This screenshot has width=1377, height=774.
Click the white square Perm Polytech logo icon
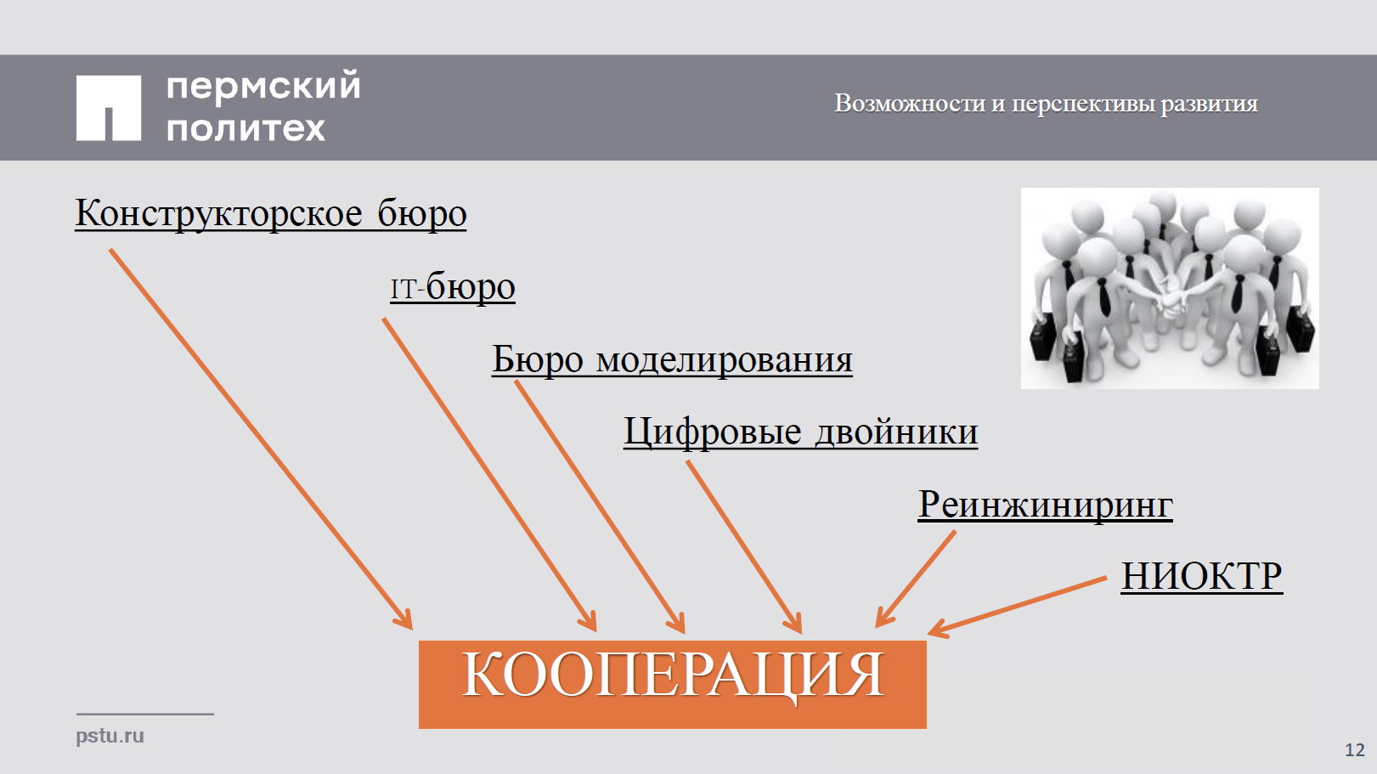(109, 108)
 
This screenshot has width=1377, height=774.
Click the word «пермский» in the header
(263, 86)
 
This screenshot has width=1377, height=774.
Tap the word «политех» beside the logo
(245, 128)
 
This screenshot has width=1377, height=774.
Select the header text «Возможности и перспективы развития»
(1046, 104)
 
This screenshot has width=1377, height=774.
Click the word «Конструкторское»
(219, 213)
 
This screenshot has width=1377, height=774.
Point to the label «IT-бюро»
(453, 287)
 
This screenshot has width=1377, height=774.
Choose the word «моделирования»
(724, 359)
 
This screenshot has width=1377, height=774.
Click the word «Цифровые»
(713, 432)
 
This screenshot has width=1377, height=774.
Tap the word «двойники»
(896, 432)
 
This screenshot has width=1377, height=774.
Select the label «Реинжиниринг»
(1045, 506)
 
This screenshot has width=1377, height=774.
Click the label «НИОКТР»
(1202, 576)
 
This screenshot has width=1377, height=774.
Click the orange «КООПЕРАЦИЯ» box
(673, 684)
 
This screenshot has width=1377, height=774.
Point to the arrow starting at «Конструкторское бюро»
(262, 439)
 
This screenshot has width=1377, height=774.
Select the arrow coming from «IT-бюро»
(489, 475)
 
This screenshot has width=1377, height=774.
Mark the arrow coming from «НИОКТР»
(1017, 606)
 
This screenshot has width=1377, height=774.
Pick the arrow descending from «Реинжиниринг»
(916, 579)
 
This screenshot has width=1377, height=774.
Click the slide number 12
(1355, 750)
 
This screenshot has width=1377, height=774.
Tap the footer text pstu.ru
(110, 736)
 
